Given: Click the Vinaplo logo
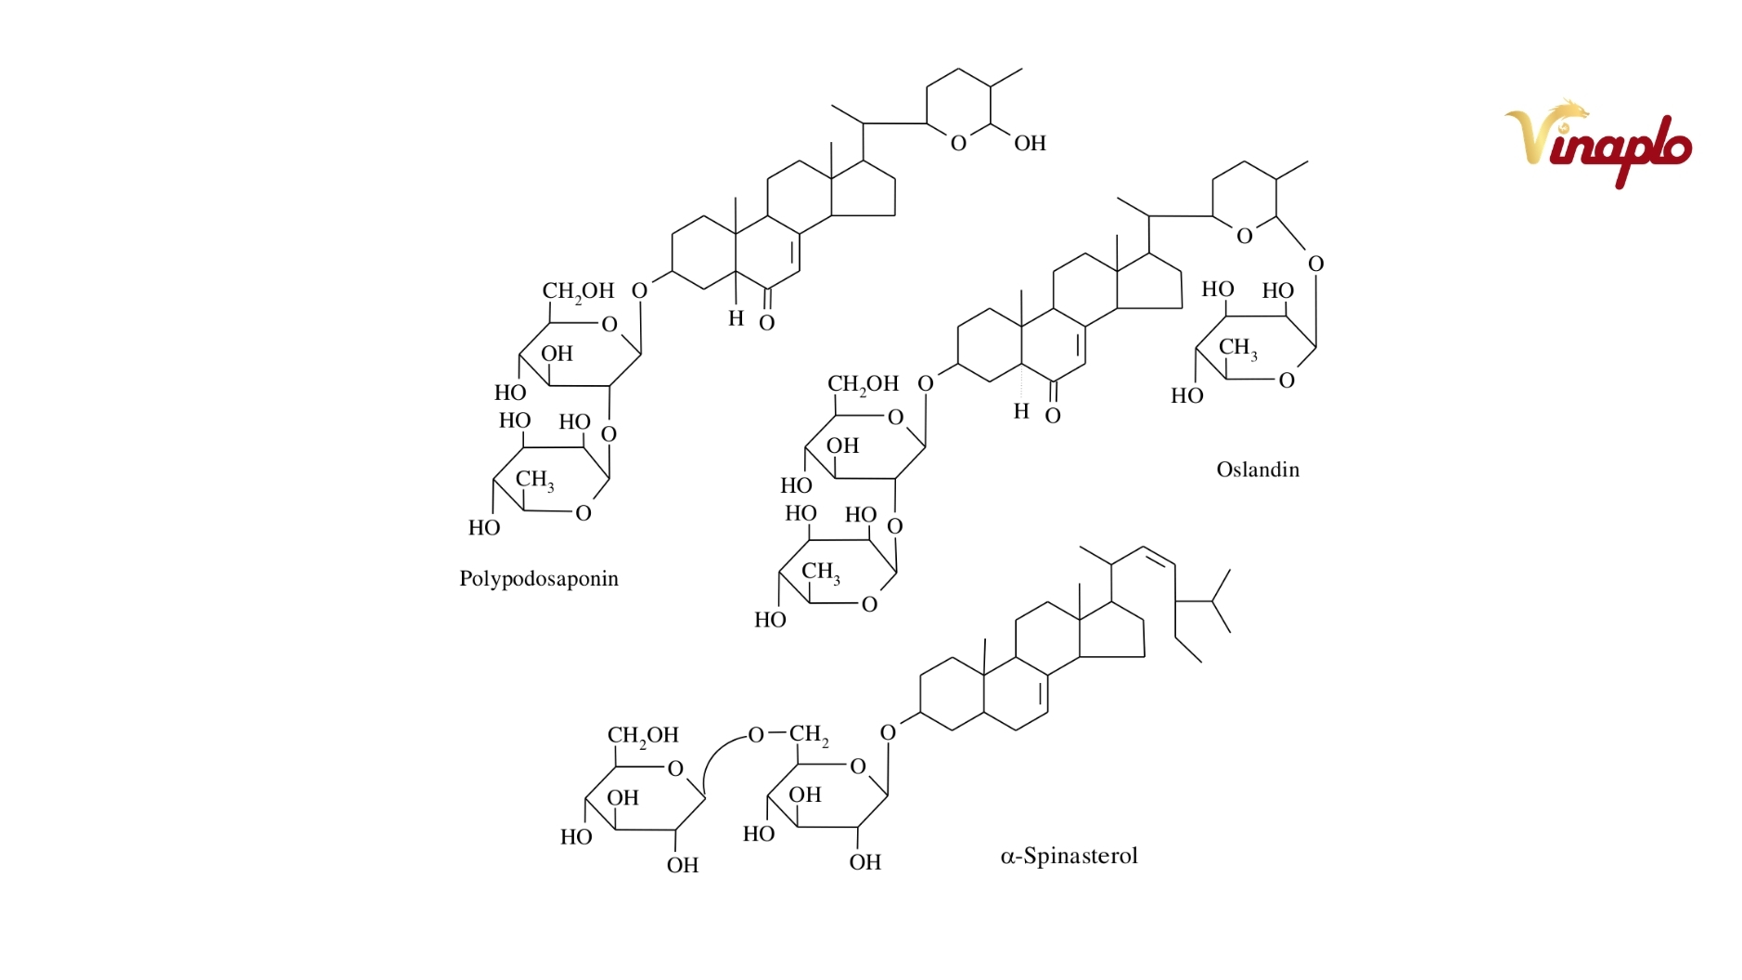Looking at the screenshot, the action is (1598, 143).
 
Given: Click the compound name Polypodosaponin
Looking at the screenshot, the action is (539, 579).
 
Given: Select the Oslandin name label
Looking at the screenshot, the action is (1258, 470).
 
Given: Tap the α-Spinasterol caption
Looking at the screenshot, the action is (1069, 856).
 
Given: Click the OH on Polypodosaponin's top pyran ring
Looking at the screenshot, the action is (1030, 143).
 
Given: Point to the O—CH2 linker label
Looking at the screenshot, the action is (788, 735).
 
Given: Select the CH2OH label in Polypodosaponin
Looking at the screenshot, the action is (578, 291).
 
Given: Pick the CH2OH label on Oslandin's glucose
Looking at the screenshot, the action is (863, 384).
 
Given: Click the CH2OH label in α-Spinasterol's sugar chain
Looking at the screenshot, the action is (643, 736).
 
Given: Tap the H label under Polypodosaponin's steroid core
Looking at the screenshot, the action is (736, 318).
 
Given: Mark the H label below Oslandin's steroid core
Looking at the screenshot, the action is (1021, 411).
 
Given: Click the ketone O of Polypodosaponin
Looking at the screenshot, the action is (766, 323).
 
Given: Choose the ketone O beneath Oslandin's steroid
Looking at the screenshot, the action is (1053, 416).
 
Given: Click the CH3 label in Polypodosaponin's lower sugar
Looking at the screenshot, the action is (535, 480).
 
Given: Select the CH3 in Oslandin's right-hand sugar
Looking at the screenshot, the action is (1238, 348).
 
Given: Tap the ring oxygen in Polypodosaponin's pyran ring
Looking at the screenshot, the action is (958, 143).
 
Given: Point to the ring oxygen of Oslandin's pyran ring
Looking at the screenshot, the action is (1245, 236).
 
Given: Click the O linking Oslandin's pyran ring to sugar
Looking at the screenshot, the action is (1315, 264).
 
